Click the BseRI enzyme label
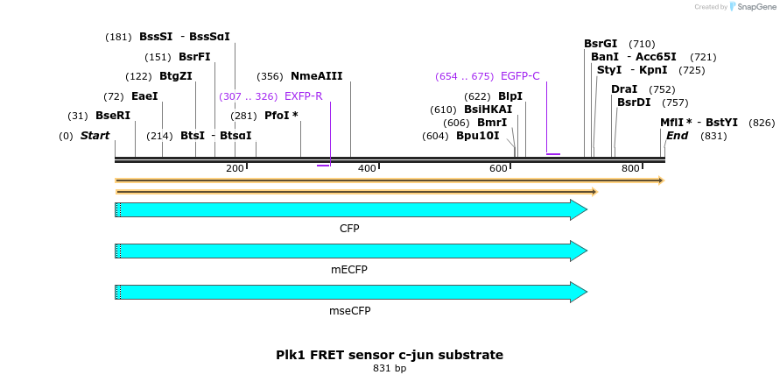pyautogui.click(x=112, y=116)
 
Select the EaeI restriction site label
pyautogui.click(x=144, y=95)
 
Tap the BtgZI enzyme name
pyautogui.click(x=175, y=76)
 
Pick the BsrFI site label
pyautogui.click(x=194, y=57)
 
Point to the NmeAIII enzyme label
pyautogui.click(x=316, y=76)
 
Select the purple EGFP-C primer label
pyautogui.click(x=520, y=76)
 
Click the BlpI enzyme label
pyautogui.click(x=509, y=95)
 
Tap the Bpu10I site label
pyautogui.click(x=477, y=136)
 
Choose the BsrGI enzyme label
pyautogui.click(x=601, y=44)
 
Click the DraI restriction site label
pyautogui.click(x=624, y=89)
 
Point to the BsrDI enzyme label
pyautogui.click(x=634, y=103)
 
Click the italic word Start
pyautogui.click(x=95, y=136)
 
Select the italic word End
pyautogui.click(x=677, y=136)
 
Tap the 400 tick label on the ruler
pyautogui.click(x=367, y=168)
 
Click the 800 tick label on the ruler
pyautogui.click(x=630, y=168)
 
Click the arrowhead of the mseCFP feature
pyautogui.click(x=579, y=292)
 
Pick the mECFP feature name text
pyautogui.click(x=349, y=269)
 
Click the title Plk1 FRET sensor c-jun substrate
pyautogui.click(x=390, y=355)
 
